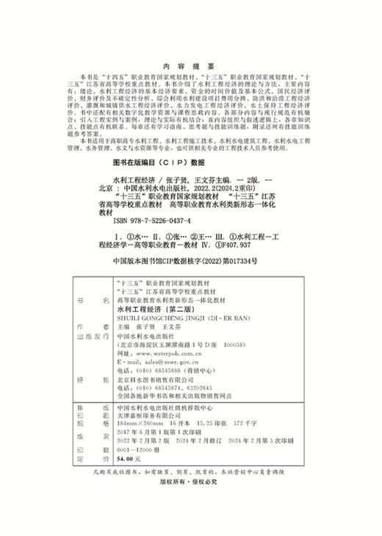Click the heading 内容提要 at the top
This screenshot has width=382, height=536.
point(189,43)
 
